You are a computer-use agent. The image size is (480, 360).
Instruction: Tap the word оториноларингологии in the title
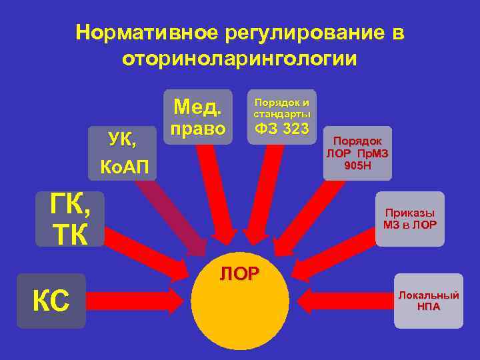pos(239,59)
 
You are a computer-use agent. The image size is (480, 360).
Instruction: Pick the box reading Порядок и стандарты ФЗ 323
pos(282,116)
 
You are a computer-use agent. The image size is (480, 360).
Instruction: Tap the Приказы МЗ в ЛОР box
pos(410,219)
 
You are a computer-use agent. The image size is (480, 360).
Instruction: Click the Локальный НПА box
pos(428,301)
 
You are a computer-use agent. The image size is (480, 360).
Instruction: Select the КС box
pos(51,301)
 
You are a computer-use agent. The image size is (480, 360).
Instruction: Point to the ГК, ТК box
pos(70,219)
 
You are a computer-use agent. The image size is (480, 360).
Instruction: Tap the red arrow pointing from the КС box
pos(133,301)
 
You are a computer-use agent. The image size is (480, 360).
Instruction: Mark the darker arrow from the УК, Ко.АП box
pos(177,213)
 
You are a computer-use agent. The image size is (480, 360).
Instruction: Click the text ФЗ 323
pos(282,127)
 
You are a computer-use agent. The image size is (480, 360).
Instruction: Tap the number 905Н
pos(357,165)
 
